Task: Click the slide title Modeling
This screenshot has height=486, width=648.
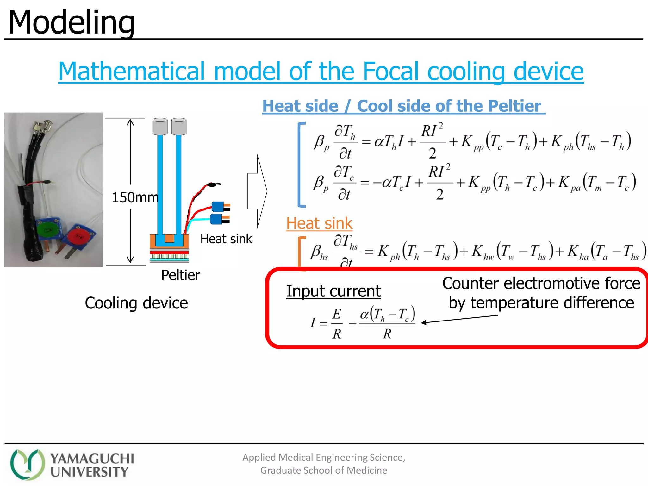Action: pyautogui.click(x=71, y=23)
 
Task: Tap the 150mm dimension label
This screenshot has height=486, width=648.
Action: pyautogui.click(x=135, y=197)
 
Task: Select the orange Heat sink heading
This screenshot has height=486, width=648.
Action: pyautogui.click(x=319, y=223)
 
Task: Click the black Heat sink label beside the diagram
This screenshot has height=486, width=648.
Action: pyautogui.click(x=226, y=239)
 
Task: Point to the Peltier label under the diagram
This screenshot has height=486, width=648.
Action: pyautogui.click(x=180, y=275)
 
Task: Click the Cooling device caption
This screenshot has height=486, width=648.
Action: pyautogui.click(x=136, y=303)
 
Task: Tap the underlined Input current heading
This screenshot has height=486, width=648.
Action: pyautogui.click(x=333, y=291)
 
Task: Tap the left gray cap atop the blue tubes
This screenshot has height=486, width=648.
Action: pyautogui.click(x=160, y=127)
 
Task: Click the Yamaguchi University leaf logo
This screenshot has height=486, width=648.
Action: pyautogui.click(x=27, y=464)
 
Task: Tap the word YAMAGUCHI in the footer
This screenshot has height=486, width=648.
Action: pyautogui.click(x=92, y=458)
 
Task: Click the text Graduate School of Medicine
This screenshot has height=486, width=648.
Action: pyautogui.click(x=323, y=470)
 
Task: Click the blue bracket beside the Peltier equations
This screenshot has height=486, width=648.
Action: pyautogui.click(x=300, y=165)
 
